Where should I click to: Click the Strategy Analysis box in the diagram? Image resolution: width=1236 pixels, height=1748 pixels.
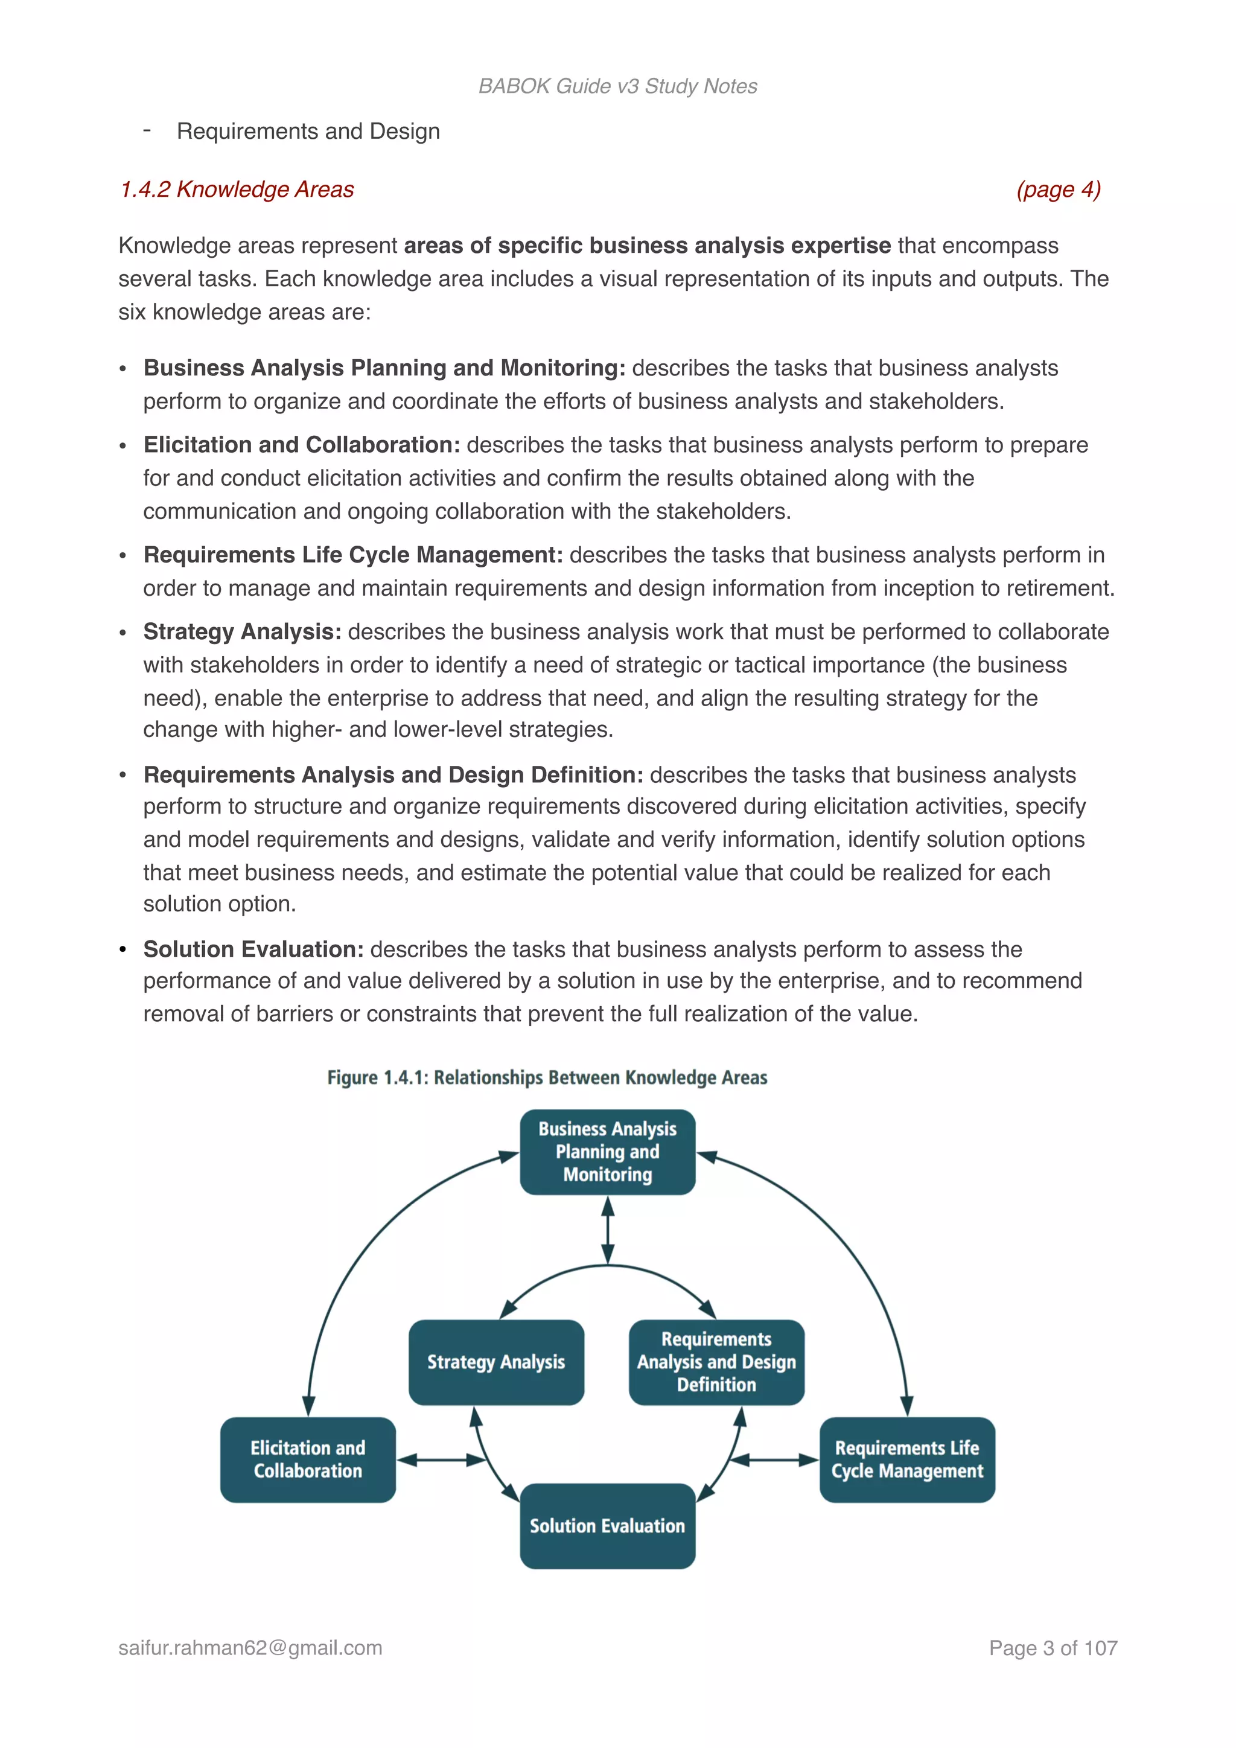pyautogui.click(x=496, y=1362)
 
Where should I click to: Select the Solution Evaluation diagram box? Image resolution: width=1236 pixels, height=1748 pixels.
pyautogui.click(x=607, y=1526)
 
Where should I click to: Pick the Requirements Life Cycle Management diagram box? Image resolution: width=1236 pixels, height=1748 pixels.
pyautogui.click(x=907, y=1459)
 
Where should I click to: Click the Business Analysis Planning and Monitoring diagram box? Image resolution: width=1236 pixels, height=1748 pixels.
pyautogui.click(x=607, y=1152)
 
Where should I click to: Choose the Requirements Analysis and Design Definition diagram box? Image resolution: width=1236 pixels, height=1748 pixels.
pyautogui.click(x=716, y=1362)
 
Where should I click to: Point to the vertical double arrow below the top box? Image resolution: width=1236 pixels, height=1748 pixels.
pyautogui.click(x=607, y=1230)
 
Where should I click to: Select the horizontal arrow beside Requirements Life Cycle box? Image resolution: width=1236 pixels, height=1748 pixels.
pyautogui.click(x=773, y=1459)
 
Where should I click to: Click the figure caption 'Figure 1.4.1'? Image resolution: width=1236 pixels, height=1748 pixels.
pyautogui.click(x=547, y=1077)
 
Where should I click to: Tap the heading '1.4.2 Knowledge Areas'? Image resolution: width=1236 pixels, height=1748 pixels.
pyautogui.click(x=237, y=190)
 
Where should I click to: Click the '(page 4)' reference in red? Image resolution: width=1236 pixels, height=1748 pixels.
pyautogui.click(x=1059, y=190)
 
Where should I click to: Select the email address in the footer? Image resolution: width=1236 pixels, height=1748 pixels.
pyautogui.click(x=250, y=1648)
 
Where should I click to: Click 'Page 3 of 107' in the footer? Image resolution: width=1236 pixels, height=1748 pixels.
pyautogui.click(x=1053, y=1648)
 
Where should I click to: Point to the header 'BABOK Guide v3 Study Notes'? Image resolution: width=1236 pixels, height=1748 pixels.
pyautogui.click(x=617, y=86)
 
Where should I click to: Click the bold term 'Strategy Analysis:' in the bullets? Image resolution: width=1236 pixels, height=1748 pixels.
pyautogui.click(x=242, y=632)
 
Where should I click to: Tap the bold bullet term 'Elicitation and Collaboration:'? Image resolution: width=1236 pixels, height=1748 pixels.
pyautogui.click(x=301, y=445)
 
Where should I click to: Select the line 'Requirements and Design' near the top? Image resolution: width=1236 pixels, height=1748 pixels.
pyautogui.click(x=308, y=132)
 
